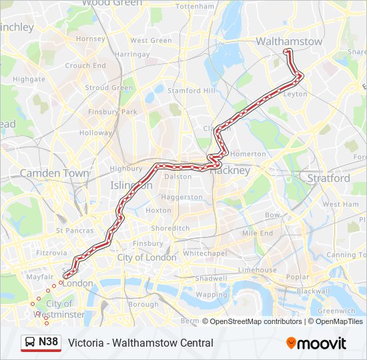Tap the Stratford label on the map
[x=328, y=178]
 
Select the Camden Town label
[x=54, y=173]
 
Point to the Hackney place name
[x=231, y=170]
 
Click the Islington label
[x=130, y=185]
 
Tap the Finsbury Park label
[x=112, y=111]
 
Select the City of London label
[x=147, y=257]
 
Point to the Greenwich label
[x=337, y=310]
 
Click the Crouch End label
[x=85, y=66]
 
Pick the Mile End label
[x=258, y=233]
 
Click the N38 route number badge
[x=48, y=342]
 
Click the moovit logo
[x=316, y=343]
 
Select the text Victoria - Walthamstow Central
[x=141, y=343]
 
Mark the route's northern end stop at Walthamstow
[x=287, y=51]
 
